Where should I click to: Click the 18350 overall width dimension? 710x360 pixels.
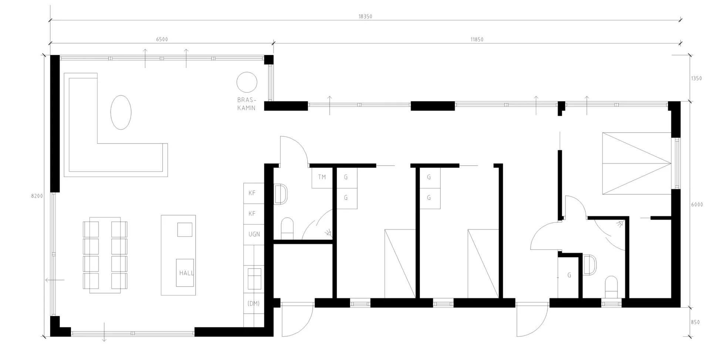(x=365, y=17)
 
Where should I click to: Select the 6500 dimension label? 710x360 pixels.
(x=162, y=40)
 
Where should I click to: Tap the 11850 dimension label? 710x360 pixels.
(x=477, y=40)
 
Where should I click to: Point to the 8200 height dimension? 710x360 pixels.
(x=37, y=196)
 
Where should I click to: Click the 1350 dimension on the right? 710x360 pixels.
(x=696, y=78)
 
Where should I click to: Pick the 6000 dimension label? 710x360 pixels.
(x=697, y=205)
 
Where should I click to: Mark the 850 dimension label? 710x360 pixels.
(x=695, y=322)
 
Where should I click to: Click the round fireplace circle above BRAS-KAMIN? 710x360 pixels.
(x=247, y=82)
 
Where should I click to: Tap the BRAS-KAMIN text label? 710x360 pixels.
(x=247, y=104)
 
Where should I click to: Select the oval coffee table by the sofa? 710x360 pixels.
(x=121, y=112)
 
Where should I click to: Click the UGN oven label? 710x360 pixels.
(x=254, y=234)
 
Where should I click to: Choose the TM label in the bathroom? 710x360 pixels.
(x=322, y=177)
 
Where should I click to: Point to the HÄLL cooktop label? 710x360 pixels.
(x=186, y=273)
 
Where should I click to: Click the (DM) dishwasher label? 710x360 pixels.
(x=254, y=303)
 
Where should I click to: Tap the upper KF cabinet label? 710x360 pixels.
(x=252, y=193)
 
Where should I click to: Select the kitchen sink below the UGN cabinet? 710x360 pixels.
(x=254, y=279)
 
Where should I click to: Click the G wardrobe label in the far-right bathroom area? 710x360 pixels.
(x=569, y=275)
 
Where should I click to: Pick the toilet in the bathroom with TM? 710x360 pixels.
(x=287, y=229)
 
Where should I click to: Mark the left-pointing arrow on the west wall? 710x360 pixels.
(x=55, y=280)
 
